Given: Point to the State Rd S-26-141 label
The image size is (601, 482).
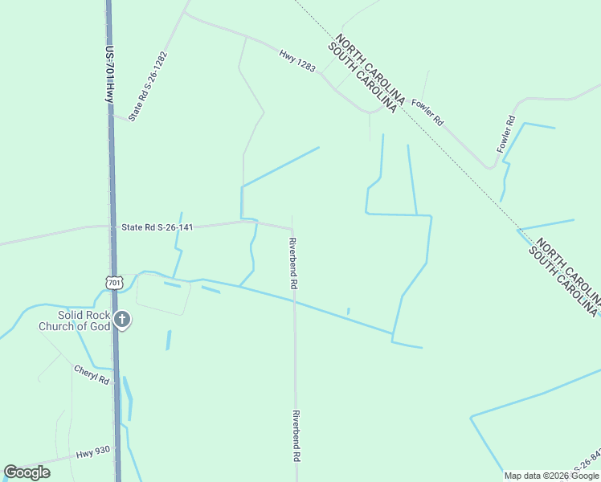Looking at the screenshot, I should pos(157,227).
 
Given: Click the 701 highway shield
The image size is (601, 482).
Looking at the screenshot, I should pos(113,282).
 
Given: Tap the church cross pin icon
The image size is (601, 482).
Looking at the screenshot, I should pos(121,321).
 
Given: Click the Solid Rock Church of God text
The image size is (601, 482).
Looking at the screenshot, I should pos(74,321).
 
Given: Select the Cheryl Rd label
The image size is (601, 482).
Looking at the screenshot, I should pos(91,374).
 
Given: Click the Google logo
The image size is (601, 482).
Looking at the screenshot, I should pos(27,472).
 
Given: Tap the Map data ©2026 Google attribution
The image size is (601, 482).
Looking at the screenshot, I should pos(551,476).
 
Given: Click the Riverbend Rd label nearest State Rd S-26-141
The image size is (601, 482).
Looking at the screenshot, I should pos(294,263).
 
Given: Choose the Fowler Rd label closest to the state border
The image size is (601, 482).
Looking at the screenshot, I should pos(427,112).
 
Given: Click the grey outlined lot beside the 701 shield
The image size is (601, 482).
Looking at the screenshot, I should pos(163,294).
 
